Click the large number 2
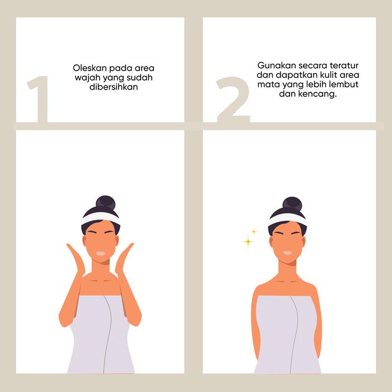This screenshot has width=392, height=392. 234,100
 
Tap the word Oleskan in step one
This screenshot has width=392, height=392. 90,68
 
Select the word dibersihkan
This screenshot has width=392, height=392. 114,87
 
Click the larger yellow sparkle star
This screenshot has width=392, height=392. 248,241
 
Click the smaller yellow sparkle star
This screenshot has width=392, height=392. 254,231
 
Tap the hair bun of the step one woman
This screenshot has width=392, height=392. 105,203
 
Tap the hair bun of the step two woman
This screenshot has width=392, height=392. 292,204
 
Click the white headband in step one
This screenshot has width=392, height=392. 101,218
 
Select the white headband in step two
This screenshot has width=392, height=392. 287,219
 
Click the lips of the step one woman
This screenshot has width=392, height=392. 101,253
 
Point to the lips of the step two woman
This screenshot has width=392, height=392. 287,253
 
